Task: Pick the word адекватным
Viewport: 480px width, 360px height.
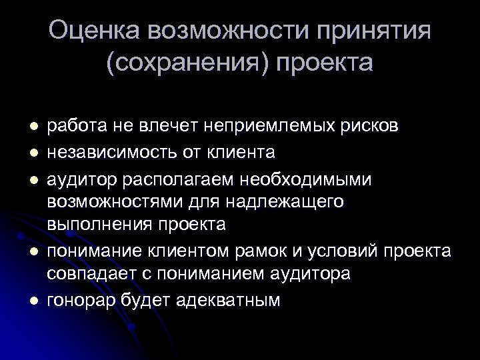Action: [229, 300]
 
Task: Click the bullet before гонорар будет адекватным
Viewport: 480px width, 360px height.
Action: [24, 301]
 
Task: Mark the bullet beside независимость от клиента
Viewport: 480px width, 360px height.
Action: [24, 153]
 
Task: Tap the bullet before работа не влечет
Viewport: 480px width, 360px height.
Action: [24, 127]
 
